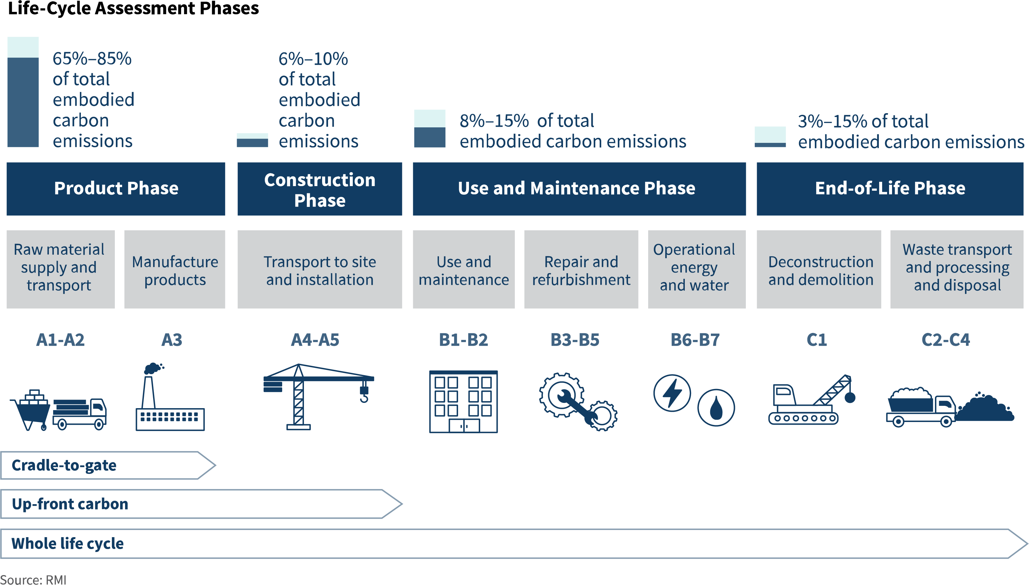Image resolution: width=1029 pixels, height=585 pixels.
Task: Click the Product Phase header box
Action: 116,189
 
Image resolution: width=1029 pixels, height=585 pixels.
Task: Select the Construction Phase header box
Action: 319,189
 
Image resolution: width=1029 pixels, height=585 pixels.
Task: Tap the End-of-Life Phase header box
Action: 890,189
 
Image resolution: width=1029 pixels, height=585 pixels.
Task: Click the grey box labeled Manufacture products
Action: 175,270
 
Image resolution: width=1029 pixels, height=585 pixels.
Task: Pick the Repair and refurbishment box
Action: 581,270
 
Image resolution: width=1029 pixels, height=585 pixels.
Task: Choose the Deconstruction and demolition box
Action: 819,270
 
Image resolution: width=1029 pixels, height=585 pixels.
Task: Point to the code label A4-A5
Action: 315,340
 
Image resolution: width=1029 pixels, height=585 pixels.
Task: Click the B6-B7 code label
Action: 695,340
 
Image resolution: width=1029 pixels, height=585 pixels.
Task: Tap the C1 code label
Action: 816,340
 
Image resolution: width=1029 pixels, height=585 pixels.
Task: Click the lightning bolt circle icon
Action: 672,393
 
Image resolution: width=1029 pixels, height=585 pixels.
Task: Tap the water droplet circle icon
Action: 716,408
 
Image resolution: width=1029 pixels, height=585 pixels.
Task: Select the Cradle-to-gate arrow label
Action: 64,465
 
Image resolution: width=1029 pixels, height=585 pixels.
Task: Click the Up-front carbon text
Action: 70,504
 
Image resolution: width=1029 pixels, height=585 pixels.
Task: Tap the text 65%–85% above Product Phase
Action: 92,59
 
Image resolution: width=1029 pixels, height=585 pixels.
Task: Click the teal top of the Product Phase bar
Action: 23,47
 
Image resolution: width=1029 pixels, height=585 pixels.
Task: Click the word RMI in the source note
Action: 56,580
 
